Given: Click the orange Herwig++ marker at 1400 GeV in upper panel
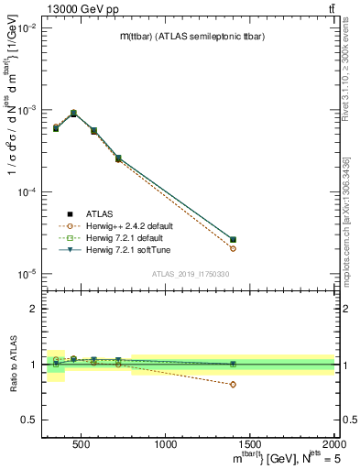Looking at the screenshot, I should point(233,248).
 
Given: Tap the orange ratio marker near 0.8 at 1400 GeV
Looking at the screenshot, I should point(233,385).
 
